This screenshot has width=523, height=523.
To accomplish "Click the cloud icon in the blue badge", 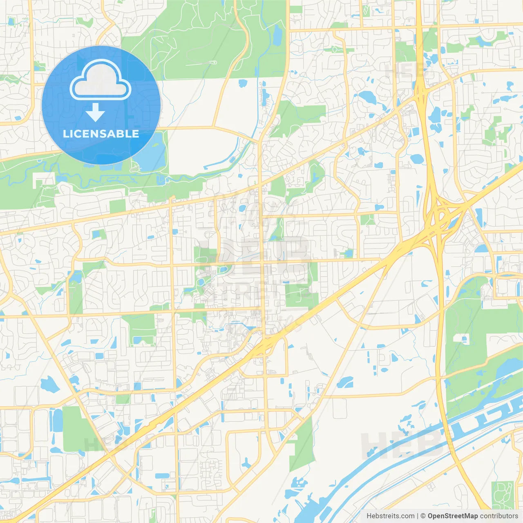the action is pyautogui.click(x=101, y=80).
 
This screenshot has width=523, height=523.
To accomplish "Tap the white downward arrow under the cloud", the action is pyautogui.click(x=95, y=112).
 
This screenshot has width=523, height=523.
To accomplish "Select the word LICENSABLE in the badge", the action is pyautogui.click(x=101, y=134).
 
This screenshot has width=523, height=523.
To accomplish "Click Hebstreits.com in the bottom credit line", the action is pyautogui.click(x=390, y=516).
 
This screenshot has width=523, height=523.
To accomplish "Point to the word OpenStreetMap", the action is pyautogui.click(x=452, y=516).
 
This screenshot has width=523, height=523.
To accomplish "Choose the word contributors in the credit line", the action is pyautogui.click(x=499, y=516).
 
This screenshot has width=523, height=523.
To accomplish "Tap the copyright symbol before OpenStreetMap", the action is pyautogui.click(x=423, y=516).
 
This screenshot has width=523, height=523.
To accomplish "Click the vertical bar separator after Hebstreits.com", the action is pyautogui.click(x=417, y=516).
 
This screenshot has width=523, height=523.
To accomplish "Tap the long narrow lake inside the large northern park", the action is pyautogui.click(x=278, y=35).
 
